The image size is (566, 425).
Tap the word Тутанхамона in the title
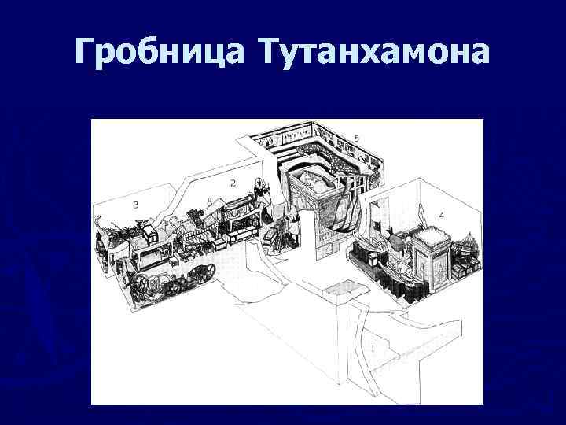click(x=373, y=53)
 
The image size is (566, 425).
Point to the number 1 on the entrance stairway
click(x=373, y=347)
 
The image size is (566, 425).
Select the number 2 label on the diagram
click(x=233, y=183)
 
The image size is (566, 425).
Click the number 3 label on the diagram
click(x=136, y=205)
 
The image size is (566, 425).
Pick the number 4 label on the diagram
click(x=441, y=214)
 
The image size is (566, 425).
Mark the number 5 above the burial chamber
click(x=357, y=139)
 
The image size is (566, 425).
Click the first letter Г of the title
click(x=86, y=53)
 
